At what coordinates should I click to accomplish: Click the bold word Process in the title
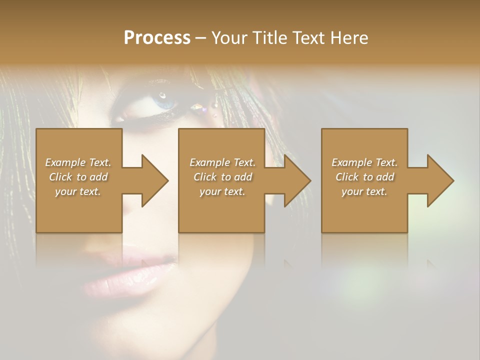coord(157,38)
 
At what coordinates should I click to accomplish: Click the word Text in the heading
coord(308,38)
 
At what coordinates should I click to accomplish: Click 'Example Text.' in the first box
coord(78,162)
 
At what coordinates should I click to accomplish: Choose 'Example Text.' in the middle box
coord(222,162)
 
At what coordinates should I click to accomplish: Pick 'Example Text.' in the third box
coord(364,162)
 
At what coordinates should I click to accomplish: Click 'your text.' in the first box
coord(78,191)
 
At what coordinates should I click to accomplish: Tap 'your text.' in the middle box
coord(222,191)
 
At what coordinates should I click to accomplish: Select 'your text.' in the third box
coord(364,191)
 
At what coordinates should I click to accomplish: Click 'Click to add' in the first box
coord(78,177)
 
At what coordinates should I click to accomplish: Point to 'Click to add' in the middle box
coord(222,177)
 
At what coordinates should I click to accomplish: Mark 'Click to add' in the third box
coord(364,177)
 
